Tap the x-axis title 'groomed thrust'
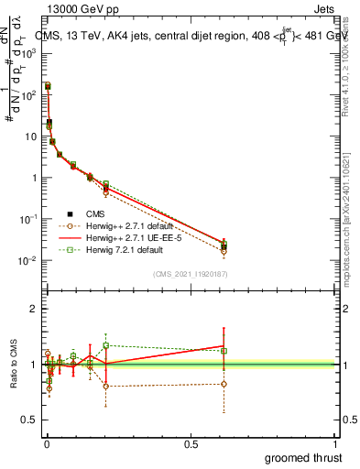(x=304, y=457)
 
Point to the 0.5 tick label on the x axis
(x=191, y=443)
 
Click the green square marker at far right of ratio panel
(x=224, y=351)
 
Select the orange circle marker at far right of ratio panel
(x=224, y=384)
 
